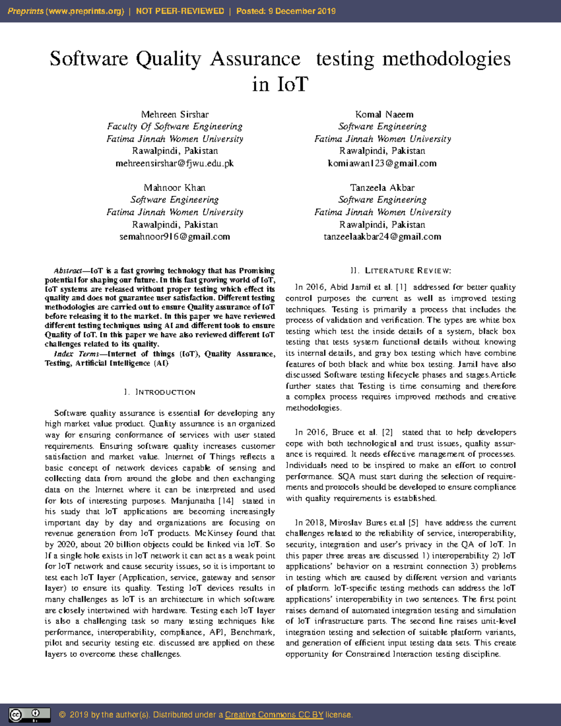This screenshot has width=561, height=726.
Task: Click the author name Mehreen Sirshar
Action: (175, 115)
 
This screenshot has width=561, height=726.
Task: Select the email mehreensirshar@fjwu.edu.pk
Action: (175, 164)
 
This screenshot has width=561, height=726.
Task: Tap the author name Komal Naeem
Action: (384, 115)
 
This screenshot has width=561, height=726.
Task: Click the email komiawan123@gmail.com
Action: (382, 164)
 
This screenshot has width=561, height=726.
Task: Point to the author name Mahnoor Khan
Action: (174, 188)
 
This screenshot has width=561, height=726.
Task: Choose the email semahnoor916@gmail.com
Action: (175, 237)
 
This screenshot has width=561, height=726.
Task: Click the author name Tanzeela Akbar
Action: (382, 188)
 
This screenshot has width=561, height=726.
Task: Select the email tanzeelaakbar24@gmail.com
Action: (382, 237)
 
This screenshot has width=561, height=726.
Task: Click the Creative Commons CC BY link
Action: (274, 715)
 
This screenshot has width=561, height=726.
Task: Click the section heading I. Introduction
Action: (159, 392)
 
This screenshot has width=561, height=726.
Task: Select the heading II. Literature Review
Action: (401, 271)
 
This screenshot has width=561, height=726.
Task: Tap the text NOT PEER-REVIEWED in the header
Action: (180, 11)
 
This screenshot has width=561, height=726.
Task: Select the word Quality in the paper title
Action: (168, 59)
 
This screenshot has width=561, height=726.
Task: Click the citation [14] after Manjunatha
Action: (226, 501)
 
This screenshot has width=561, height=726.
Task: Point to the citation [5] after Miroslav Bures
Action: (413, 523)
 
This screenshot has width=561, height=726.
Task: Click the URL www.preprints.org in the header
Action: (85, 11)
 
